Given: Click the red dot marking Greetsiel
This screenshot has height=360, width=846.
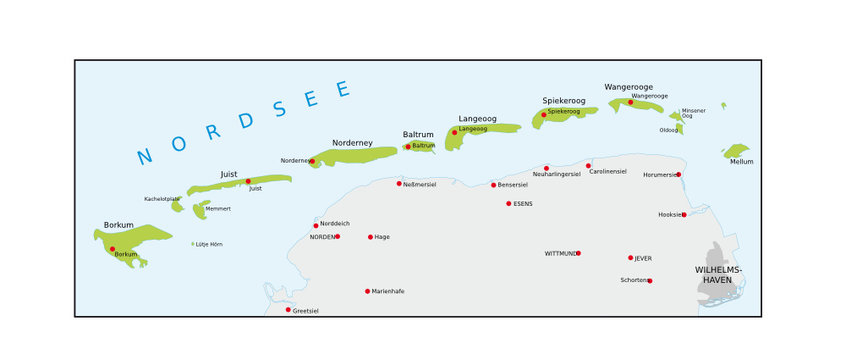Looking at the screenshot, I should point(288,309).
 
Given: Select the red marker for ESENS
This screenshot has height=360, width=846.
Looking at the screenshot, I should point(508,203).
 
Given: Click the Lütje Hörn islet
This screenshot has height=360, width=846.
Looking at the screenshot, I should point(193,243).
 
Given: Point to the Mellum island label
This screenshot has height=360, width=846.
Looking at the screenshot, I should point(741,161).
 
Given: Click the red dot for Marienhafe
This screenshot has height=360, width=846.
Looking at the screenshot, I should point(367,291).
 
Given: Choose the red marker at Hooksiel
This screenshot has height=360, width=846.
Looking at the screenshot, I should point(684,214).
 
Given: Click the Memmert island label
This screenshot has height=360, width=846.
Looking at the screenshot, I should point(217,209).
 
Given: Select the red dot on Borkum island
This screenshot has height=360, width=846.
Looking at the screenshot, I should point(112,249).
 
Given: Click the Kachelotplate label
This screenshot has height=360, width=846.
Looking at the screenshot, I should point(162,198).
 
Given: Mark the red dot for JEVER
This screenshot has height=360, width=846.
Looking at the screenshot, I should point(630,257).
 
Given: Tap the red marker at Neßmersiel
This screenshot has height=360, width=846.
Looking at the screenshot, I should point(399,183).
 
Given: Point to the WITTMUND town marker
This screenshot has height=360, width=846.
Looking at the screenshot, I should point(578,253).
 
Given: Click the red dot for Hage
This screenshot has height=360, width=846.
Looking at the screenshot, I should point(370,237).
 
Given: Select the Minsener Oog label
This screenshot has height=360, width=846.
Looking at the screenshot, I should point(694,113).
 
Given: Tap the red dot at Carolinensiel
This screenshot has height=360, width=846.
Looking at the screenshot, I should point(588,165).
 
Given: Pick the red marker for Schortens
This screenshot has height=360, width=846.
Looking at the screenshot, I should point(649,280).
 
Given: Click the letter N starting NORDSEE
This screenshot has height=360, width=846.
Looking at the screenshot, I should point(145,156).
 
